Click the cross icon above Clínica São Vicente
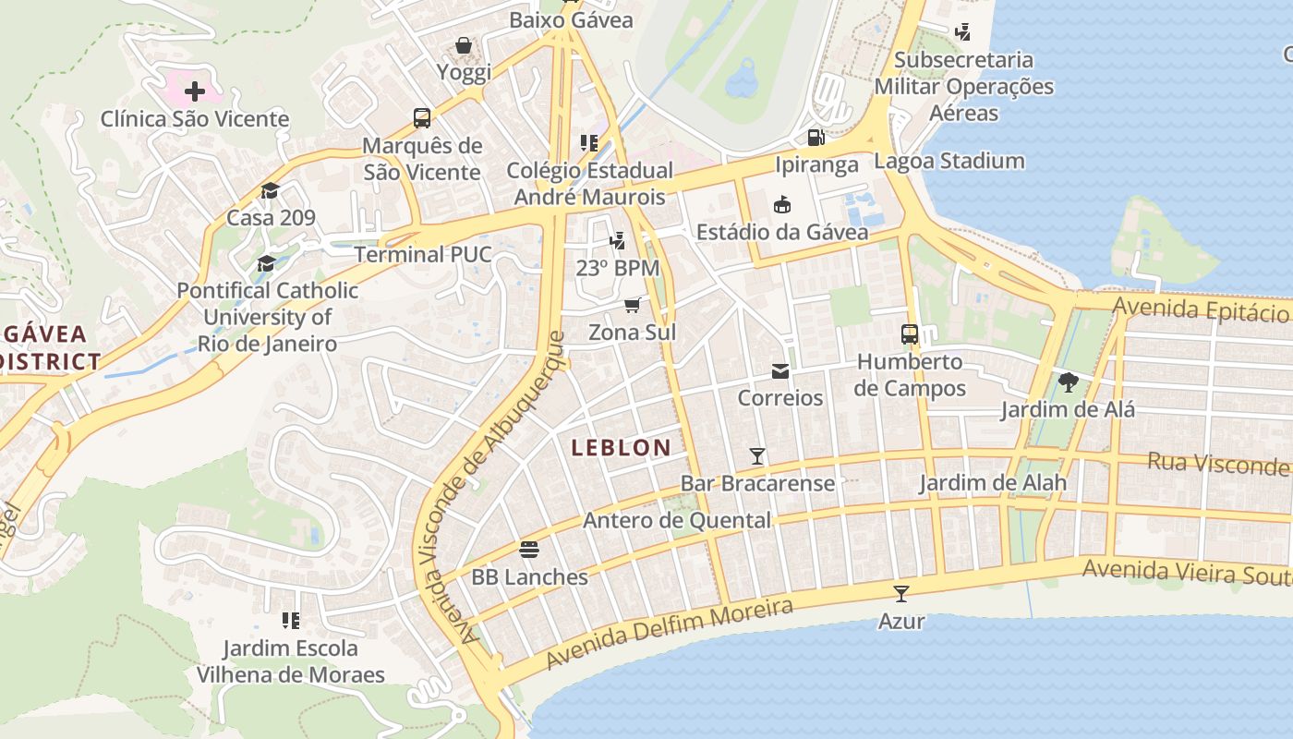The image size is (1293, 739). [x=195, y=91]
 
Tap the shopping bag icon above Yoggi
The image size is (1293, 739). [x=464, y=45]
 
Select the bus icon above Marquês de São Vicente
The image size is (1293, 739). [x=422, y=117]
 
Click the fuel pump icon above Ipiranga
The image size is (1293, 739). [x=816, y=138]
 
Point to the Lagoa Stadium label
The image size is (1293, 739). [x=949, y=161]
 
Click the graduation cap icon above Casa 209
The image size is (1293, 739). [x=270, y=190]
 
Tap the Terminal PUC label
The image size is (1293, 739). [x=423, y=255]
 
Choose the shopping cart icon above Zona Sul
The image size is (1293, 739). [x=633, y=305]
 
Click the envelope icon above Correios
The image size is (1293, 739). [x=780, y=370]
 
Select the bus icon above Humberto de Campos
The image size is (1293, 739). [x=910, y=333]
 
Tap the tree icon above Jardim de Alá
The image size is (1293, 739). [x=1068, y=382]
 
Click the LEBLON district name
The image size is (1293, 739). [x=621, y=448]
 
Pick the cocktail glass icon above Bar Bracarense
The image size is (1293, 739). [x=757, y=455]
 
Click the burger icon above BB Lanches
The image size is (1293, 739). [x=529, y=550]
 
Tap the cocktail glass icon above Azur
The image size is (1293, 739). [x=901, y=593]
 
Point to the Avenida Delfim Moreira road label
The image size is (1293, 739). [x=669, y=634]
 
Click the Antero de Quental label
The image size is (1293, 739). [x=676, y=520]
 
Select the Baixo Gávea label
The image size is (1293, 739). [x=571, y=20]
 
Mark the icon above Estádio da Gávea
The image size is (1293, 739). [x=782, y=204]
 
